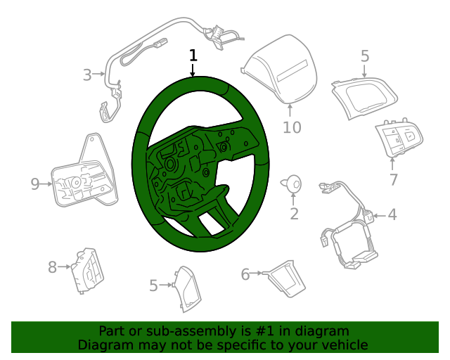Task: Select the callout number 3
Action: [87, 75]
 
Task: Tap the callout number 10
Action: [291, 127]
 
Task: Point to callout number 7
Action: [393, 179]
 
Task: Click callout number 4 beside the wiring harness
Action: [392, 214]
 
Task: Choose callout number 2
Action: [293, 214]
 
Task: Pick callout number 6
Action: [245, 274]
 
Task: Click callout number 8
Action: [52, 267]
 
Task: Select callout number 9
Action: [35, 184]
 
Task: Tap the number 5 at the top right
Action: [365, 56]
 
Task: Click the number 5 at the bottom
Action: [153, 285]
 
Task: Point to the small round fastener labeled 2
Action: [291, 184]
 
